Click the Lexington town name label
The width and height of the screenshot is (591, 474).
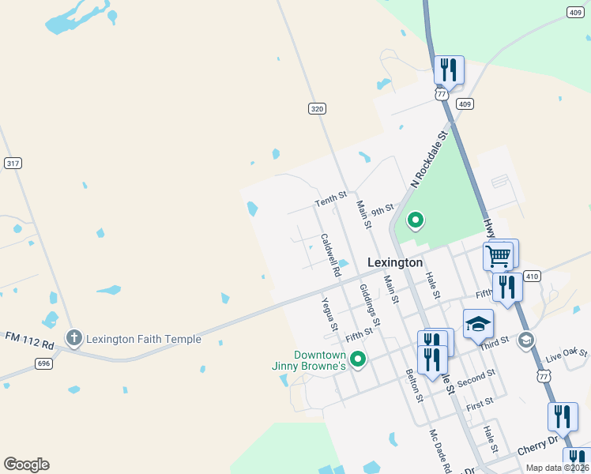(x=395, y=262)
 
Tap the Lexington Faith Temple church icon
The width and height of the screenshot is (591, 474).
(x=74, y=339)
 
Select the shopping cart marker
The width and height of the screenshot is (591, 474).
(x=498, y=256)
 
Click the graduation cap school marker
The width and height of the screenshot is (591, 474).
(x=478, y=325)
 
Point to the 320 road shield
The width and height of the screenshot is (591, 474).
(x=317, y=109)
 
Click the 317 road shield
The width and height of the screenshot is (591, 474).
(x=13, y=163)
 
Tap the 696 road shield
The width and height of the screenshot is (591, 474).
(x=43, y=363)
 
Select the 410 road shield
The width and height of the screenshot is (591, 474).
(x=532, y=276)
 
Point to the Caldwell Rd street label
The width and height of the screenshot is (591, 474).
(x=330, y=254)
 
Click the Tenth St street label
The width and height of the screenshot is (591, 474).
(x=330, y=199)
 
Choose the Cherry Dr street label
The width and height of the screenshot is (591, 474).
(x=537, y=447)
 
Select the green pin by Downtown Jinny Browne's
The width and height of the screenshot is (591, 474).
(x=358, y=359)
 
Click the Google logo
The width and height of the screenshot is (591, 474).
(x=26, y=465)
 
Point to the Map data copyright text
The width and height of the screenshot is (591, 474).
(x=556, y=468)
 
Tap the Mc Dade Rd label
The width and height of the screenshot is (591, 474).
(x=439, y=451)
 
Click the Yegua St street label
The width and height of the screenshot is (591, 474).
(x=330, y=314)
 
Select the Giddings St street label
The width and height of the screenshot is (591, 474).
(x=370, y=306)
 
